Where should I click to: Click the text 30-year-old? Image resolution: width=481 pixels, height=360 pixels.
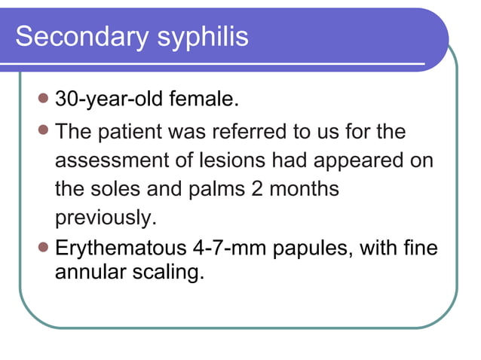click(x=114, y=99)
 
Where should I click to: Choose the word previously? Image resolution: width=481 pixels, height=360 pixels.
click(x=105, y=218)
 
